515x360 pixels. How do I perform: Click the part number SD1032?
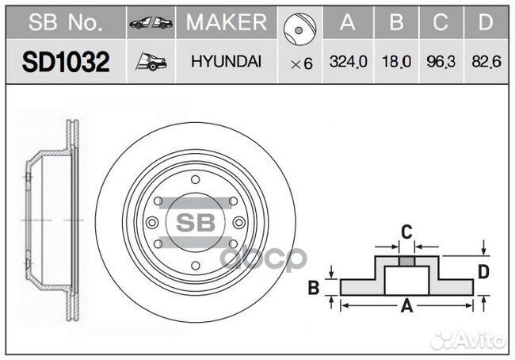point(66,62)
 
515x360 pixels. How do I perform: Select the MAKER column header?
point(227,22)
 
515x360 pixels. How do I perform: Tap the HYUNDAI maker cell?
point(227,62)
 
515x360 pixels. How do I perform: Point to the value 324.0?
point(348,62)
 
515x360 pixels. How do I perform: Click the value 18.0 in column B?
point(396,62)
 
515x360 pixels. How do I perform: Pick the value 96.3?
point(441,62)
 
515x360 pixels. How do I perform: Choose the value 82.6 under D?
point(486,62)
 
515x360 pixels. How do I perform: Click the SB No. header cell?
point(66,22)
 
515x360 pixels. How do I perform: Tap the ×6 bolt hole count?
point(302,63)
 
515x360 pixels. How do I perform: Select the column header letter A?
point(348,22)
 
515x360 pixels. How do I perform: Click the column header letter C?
point(441,22)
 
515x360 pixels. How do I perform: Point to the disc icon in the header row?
point(299,29)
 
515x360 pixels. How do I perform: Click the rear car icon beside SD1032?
point(151,62)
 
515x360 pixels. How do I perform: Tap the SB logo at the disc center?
point(196,223)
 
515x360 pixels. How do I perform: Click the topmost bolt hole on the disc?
point(196,180)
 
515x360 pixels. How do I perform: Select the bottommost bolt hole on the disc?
point(196,266)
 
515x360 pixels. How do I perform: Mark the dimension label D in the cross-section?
point(483,272)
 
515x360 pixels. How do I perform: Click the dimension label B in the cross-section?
point(314,287)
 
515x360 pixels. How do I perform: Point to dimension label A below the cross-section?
point(407,306)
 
